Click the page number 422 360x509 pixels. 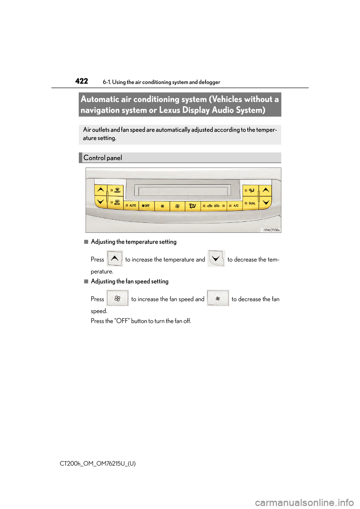pos(81,81)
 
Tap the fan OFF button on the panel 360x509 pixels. pos(146,206)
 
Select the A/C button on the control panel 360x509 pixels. pos(235,206)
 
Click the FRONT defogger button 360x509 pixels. pos(116,191)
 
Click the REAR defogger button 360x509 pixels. pos(116,203)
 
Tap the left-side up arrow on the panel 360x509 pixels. pos(100,190)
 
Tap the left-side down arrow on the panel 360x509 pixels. pos(100,202)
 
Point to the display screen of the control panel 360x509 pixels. pos(183,191)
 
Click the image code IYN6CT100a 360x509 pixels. pos(271,230)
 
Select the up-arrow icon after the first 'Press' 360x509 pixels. pos(115,258)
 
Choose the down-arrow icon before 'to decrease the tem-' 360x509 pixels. pos(216,258)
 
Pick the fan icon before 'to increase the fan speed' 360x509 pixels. pos(117,298)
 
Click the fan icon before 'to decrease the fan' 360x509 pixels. pos(218,298)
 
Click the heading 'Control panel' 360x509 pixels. pos(103,158)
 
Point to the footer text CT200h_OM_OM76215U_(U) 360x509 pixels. pos(98,464)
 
